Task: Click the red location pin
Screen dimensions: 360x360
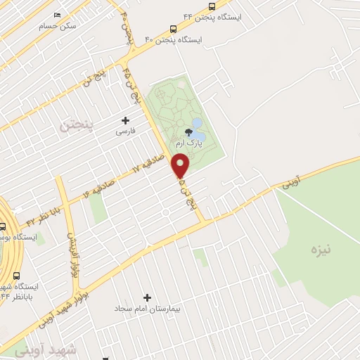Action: (181, 165)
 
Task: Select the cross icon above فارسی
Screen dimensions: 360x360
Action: (126, 120)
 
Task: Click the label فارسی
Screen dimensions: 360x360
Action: (126, 131)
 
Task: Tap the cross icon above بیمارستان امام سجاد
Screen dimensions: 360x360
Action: (148, 297)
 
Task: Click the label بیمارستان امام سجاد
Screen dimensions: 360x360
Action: (149, 309)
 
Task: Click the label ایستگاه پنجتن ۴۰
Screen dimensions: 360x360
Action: (173, 40)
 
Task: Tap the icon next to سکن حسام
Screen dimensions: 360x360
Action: (57, 15)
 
